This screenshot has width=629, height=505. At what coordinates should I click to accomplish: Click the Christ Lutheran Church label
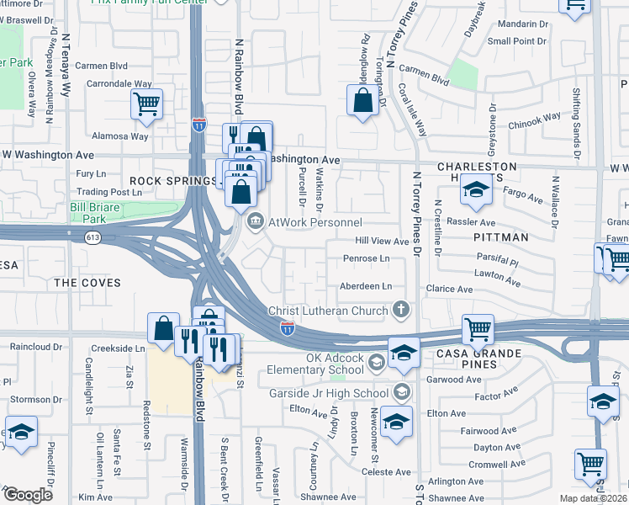[328, 311]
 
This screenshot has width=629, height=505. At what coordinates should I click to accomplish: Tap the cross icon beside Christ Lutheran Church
[401, 311]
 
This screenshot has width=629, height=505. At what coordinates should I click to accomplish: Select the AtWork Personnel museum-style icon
[255, 222]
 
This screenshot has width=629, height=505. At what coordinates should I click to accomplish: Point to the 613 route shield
[92, 238]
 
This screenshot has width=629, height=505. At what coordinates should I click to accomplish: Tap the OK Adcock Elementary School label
[316, 363]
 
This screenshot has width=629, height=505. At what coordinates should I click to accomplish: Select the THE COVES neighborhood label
[87, 283]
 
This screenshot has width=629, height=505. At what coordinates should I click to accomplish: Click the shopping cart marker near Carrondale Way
[146, 106]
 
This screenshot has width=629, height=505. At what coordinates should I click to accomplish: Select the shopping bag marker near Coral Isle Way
[362, 101]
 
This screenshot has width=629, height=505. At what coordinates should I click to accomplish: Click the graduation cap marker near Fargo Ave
[476, 193]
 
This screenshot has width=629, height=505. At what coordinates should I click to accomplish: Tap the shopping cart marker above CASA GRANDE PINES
[478, 329]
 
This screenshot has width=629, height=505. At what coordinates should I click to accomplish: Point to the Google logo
[29, 495]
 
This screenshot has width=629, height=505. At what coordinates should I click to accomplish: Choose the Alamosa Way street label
[120, 136]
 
